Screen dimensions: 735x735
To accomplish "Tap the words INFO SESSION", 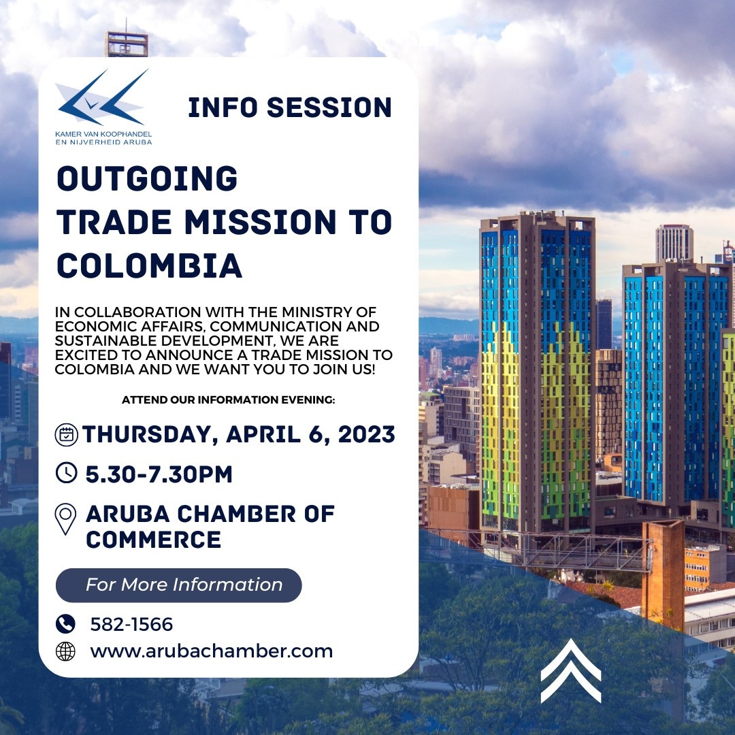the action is (290, 108).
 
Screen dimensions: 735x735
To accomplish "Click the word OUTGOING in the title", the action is (147, 178).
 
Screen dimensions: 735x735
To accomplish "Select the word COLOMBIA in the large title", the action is (149, 266).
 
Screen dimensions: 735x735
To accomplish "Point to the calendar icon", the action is (67, 434).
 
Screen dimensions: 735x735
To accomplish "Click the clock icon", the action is (67, 472).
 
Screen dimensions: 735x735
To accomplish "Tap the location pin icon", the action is (65, 519).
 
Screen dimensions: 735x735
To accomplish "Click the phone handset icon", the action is (65, 624).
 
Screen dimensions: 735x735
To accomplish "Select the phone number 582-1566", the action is (132, 624).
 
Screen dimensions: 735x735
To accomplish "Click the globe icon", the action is (65, 651).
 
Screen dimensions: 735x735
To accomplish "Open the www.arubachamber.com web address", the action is (212, 651).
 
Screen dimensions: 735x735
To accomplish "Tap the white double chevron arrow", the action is (570, 671).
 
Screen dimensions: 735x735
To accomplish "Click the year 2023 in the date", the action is (367, 434).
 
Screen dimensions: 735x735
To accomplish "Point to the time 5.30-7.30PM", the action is (159, 474).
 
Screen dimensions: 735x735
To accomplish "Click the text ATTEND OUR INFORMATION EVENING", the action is (228, 400).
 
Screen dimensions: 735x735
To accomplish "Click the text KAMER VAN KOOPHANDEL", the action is (103, 134).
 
